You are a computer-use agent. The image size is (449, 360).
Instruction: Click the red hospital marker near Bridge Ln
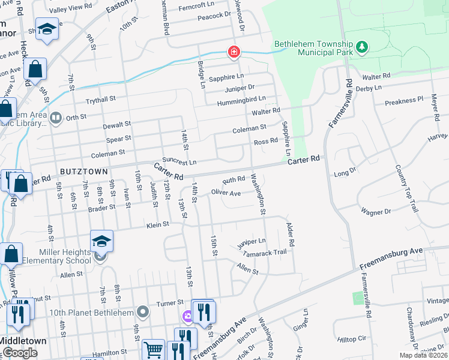(233, 53)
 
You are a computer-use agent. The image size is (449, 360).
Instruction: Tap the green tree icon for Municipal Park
(361, 47)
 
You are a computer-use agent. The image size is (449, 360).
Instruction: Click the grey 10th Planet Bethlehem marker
(142, 311)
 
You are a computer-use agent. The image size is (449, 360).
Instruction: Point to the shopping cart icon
(154, 349)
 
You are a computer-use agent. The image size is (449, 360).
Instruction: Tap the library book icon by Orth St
(56, 118)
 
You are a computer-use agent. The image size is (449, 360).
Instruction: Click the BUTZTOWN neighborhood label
(83, 172)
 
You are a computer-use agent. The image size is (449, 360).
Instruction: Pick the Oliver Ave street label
(226, 193)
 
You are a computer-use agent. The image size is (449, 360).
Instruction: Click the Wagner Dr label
(376, 212)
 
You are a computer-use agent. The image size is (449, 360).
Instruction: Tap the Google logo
(20, 353)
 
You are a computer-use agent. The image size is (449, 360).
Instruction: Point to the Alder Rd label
(291, 235)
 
